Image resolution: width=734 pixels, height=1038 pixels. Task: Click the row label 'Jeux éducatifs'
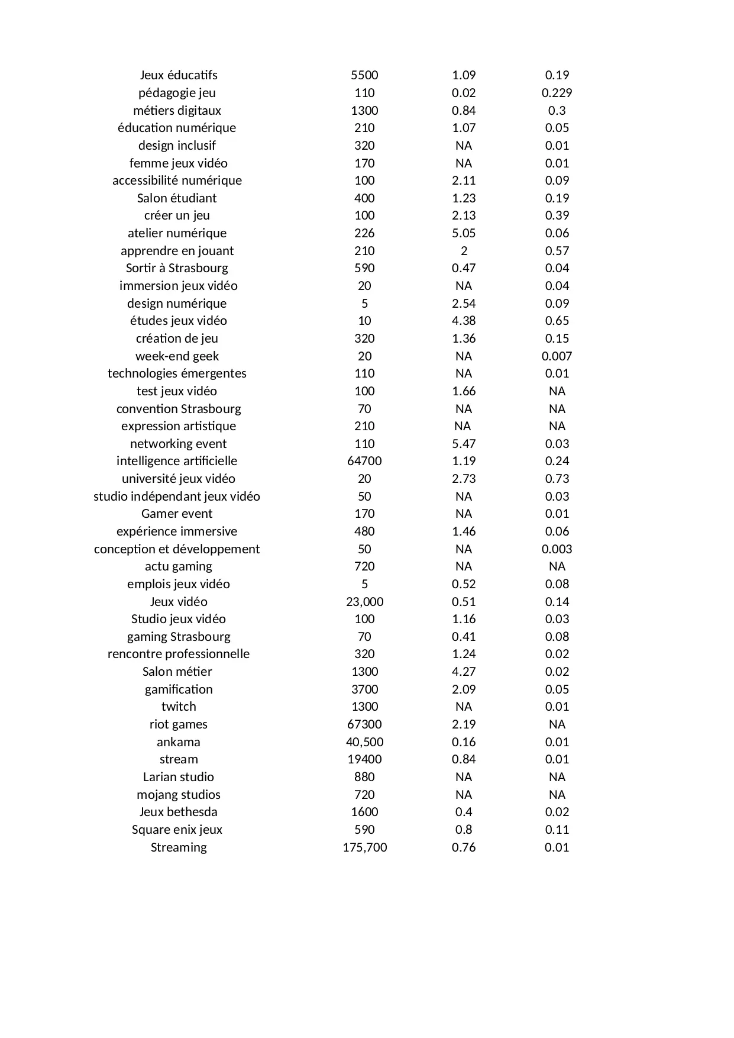tap(179, 75)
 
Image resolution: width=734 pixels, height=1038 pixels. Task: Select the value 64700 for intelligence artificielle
tap(364, 461)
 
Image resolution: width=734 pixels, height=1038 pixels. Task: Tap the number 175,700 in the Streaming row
tap(364, 847)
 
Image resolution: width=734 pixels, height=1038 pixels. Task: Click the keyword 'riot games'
tap(179, 724)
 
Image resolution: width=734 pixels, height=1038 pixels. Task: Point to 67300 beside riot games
tap(364, 724)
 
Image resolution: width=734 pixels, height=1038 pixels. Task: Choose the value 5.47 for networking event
tap(464, 444)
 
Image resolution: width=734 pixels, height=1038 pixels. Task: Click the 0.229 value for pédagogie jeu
tap(557, 93)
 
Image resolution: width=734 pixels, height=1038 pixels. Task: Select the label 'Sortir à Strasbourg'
tap(177, 268)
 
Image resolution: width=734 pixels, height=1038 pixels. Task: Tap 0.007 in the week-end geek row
tap(557, 356)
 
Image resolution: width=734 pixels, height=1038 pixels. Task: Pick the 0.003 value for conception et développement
tap(557, 549)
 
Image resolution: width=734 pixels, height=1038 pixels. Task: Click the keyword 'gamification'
tap(179, 689)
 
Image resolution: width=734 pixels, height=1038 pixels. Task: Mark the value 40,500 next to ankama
tap(364, 742)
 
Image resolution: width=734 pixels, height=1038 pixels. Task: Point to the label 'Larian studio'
tap(179, 777)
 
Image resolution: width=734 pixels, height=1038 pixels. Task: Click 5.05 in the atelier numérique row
tap(464, 233)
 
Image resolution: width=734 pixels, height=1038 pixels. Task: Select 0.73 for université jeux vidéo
tap(557, 479)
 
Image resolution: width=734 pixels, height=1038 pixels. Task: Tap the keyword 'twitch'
tap(179, 707)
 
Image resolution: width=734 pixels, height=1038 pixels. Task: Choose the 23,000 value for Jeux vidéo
tap(364, 602)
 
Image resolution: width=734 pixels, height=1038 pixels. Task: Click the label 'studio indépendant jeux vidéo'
tap(177, 497)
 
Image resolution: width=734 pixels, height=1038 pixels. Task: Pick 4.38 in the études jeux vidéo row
tap(464, 321)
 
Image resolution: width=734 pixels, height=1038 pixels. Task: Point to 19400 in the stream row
tap(364, 759)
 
